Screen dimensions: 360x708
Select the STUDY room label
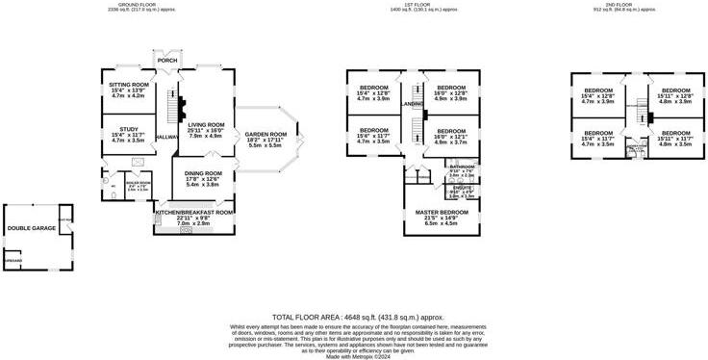click(x=128, y=129)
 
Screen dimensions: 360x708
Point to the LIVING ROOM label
click(x=206, y=124)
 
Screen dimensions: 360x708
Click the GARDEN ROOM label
click(x=265, y=134)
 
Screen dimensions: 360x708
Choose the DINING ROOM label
click(x=203, y=172)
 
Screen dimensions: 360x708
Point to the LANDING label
click(x=413, y=103)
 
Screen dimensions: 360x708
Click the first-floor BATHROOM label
click(x=462, y=167)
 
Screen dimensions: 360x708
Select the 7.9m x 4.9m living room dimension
click(x=206, y=136)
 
